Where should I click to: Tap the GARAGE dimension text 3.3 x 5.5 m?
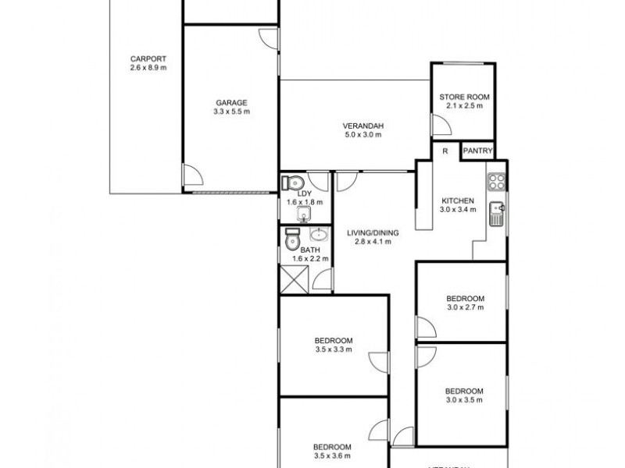coord(230,112)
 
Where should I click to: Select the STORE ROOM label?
coord(463,97)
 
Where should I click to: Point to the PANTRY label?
coord(477,151)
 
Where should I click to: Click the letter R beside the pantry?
coord(445,151)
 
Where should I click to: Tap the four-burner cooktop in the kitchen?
coord(496,183)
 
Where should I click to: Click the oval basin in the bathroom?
coord(320,235)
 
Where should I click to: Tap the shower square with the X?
coord(294,278)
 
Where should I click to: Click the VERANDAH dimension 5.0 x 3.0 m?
coord(362,135)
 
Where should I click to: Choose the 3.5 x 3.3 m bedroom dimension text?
coord(334,350)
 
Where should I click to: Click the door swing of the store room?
coord(441,125)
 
